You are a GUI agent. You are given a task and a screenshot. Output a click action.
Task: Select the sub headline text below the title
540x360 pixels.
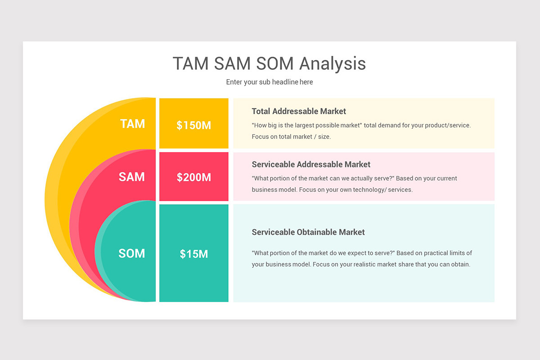(269, 82)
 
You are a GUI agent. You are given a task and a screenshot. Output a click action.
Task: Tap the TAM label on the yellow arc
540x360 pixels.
(132, 124)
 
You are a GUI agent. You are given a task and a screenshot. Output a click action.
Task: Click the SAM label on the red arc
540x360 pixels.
(132, 177)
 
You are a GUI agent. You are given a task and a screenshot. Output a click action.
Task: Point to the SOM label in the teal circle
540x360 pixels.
(132, 253)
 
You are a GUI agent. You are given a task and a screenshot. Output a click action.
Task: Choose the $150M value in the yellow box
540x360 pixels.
(193, 126)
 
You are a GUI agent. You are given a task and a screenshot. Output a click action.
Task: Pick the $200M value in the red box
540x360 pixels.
(193, 177)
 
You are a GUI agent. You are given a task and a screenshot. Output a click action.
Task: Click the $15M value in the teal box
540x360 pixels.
(193, 254)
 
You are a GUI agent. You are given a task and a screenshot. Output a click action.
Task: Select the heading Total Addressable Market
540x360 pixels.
(299, 111)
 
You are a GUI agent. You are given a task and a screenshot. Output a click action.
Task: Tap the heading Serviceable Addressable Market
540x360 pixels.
(311, 164)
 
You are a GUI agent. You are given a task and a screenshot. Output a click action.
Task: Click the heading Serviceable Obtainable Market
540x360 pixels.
(308, 232)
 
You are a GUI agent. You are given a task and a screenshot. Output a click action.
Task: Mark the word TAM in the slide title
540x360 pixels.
(191, 63)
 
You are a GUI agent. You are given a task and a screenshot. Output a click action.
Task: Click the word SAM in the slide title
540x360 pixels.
(233, 63)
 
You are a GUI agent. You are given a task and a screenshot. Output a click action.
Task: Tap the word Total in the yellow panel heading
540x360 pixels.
(261, 111)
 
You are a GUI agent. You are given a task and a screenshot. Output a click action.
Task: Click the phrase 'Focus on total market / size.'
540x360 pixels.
(291, 136)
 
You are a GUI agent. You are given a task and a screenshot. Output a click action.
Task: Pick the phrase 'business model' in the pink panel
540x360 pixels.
(271, 189)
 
